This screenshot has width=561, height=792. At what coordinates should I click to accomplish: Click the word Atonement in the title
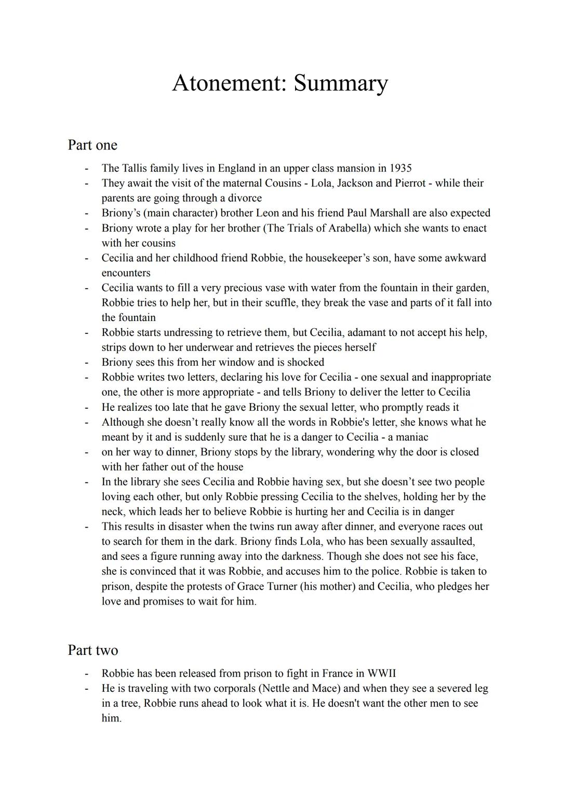[229, 83]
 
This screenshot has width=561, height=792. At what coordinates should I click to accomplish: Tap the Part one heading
[92, 145]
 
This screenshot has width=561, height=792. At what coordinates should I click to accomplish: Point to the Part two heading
[93, 650]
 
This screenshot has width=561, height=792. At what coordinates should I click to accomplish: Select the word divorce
[242, 198]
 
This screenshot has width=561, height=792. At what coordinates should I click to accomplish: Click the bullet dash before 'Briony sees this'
[87, 363]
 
